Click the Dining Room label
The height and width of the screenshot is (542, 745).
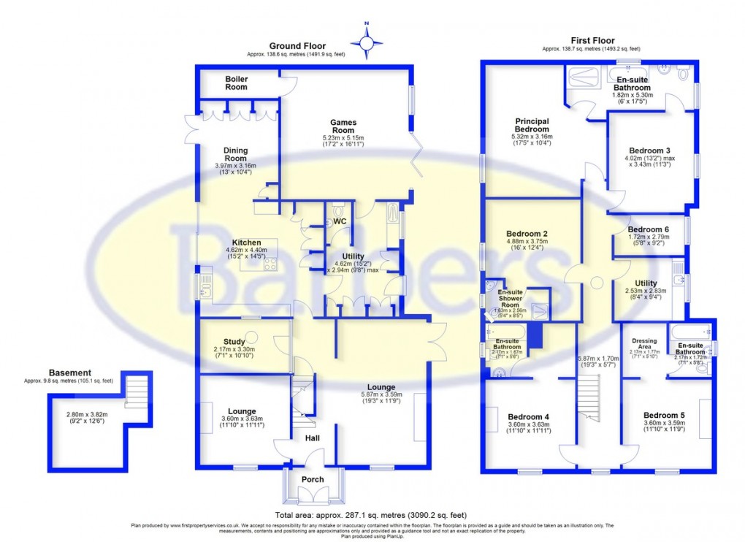tap(235, 154)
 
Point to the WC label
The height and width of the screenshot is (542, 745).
tap(340, 221)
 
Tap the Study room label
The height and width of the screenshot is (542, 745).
tap(234, 340)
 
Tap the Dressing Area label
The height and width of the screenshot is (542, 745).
tap(643, 341)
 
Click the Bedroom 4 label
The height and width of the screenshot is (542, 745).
tap(529, 417)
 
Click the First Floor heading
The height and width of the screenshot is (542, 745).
tap(592, 41)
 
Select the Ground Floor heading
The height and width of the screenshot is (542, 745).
tap(298, 46)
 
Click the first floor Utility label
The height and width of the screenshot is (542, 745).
tap(646, 283)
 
